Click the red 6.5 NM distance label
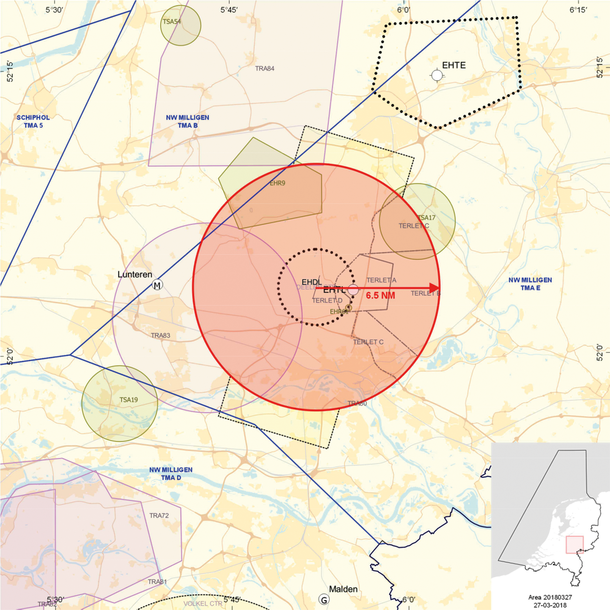[380, 295]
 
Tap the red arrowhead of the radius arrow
[434, 288]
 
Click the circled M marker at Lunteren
[157, 285]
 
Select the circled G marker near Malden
[324, 600]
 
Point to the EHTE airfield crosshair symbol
[437, 75]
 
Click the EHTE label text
[454, 65]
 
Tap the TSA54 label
[172, 21]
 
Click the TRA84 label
[265, 69]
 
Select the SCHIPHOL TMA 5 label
[33, 121]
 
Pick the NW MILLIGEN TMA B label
[188, 121]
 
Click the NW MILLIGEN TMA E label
[530, 284]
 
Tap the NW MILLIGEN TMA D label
[171, 473]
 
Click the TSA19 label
[129, 400]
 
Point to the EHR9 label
[277, 183]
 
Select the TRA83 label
[161, 335]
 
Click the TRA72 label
[159, 516]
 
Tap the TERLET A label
[381, 280]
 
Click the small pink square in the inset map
[575, 545]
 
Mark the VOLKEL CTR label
[203, 603]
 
